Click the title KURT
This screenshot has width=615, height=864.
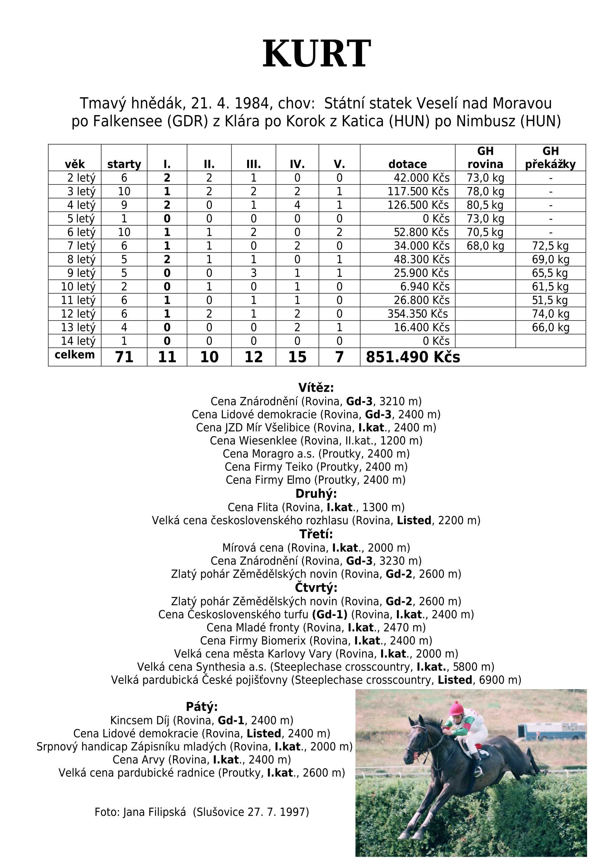316,54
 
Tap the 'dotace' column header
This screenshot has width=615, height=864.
407,164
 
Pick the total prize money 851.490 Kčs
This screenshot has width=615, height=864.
412,357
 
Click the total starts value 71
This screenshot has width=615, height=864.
124,357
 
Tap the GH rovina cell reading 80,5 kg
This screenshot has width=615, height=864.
485,205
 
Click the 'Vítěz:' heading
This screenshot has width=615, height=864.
316,388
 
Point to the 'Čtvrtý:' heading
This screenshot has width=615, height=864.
316,588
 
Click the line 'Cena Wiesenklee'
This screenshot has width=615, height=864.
316,440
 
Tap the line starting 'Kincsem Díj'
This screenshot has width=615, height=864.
202,720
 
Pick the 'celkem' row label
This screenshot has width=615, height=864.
75,355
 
